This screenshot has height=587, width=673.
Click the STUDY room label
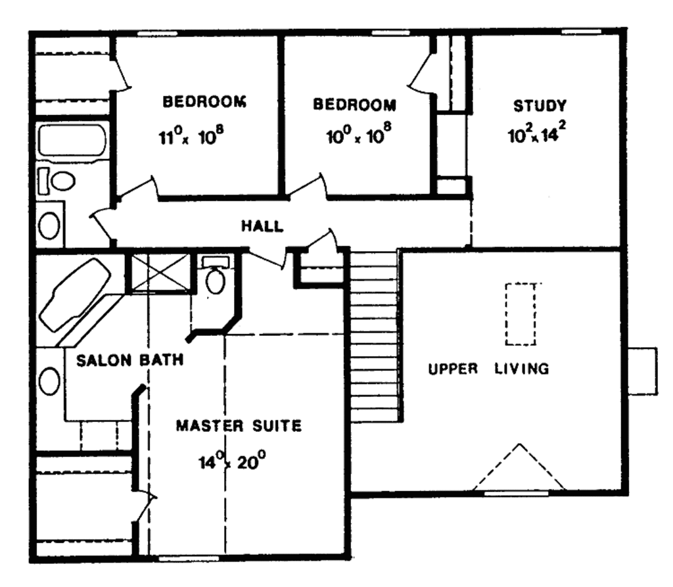point(539,105)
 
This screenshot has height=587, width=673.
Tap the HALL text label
point(262,226)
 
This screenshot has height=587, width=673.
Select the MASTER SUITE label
point(239,426)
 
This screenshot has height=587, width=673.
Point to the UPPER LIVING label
point(488,369)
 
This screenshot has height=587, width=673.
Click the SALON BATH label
point(129,361)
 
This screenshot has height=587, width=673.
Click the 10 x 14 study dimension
point(536,134)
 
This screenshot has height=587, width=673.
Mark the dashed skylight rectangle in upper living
point(521,314)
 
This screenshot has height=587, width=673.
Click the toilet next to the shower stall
point(216,277)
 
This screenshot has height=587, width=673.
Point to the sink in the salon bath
point(49,381)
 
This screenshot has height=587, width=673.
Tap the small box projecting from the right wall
point(642,371)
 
